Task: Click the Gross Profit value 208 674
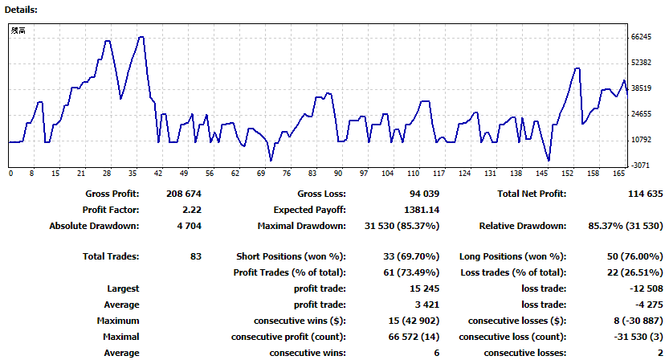click(183, 194)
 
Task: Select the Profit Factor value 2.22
click(192, 210)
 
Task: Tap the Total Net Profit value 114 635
click(646, 194)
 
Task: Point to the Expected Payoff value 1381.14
click(422, 210)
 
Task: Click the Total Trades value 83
click(196, 256)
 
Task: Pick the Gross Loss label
click(322, 194)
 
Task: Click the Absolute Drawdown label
click(94, 226)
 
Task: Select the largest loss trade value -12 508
click(647, 288)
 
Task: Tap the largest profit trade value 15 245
click(424, 288)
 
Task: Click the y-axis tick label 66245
click(641, 37)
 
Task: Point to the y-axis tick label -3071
click(641, 166)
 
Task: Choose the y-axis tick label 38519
click(641, 88)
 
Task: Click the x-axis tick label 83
click(312, 174)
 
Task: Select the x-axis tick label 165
click(618, 174)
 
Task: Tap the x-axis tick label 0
click(10, 174)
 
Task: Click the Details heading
click(21, 10)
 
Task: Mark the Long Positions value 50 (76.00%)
click(634, 256)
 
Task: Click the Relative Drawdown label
click(523, 226)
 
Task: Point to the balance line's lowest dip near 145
click(549, 161)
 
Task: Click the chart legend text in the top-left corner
click(18, 31)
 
